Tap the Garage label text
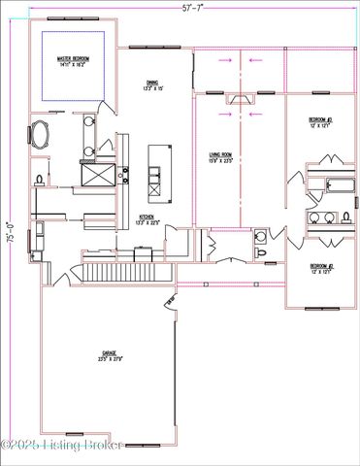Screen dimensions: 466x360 [109, 355]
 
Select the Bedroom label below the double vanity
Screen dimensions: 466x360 [321, 267]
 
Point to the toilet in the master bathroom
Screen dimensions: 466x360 [39, 181]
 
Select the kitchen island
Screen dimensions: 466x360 [153, 164]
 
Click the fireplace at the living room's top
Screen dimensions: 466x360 [239, 98]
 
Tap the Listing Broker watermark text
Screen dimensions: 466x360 [62, 446]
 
